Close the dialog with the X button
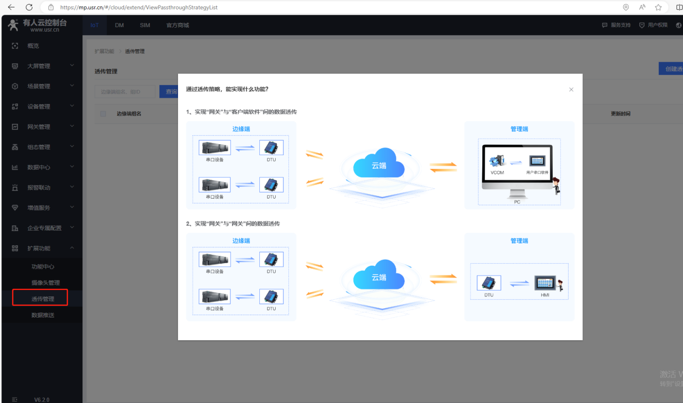(571, 89)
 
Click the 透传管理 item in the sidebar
(43, 299)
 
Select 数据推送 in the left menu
(43, 315)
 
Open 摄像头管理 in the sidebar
(45, 282)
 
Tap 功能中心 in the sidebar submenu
(43, 267)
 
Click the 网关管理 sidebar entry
(38, 127)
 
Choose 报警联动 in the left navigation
(38, 188)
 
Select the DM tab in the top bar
(119, 25)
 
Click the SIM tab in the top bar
(145, 25)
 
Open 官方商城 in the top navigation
(178, 25)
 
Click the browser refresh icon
(29, 7)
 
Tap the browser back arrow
(11, 7)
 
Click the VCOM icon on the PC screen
(497, 161)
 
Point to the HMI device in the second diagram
(545, 283)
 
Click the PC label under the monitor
(517, 202)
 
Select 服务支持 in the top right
(616, 25)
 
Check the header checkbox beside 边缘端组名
(103, 114)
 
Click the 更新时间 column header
(620, 114)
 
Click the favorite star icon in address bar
(658, 7)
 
